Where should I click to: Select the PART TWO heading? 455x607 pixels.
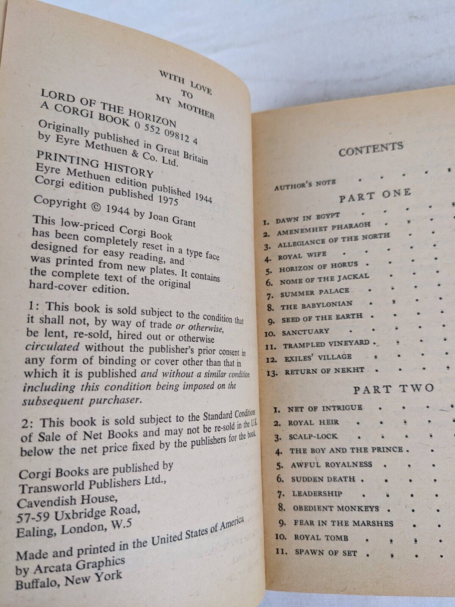pyautogui.click(x=393, y=388)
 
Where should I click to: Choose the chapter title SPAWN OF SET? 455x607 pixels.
pyautogui.click(x=325, y=553)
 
